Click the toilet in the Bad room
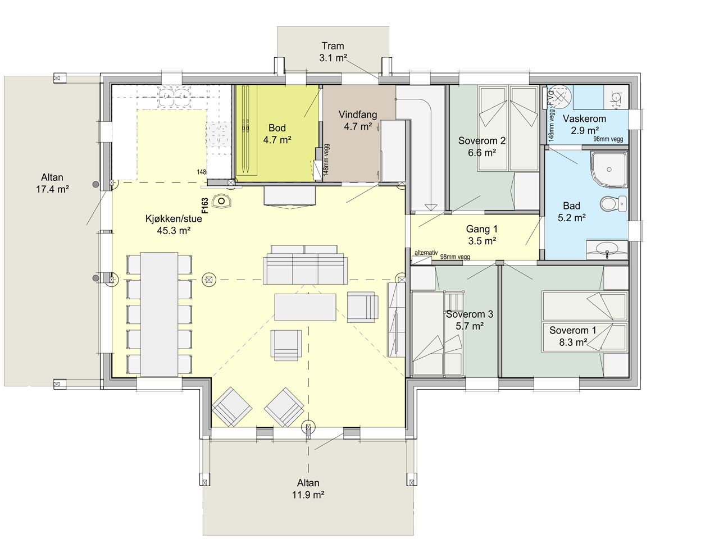pos(613,204)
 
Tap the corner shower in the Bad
pos(609,169)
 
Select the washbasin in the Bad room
pos(607,250)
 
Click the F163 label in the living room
pos(205,205)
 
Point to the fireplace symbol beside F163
pos(221,201)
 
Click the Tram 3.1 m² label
pos(333,52)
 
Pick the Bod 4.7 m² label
pos(277,134)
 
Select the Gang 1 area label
pos(481,235)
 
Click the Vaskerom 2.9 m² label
pos(584,124)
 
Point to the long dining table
pos(159,314)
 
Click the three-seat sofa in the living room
pos(305,265)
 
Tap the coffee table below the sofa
pos(305,307)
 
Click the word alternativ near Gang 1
pos(426,253)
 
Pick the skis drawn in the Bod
pos(245,129)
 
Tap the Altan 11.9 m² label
pos(308,488)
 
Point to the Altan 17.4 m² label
pos(52,183)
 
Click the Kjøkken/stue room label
pos(174,225)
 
